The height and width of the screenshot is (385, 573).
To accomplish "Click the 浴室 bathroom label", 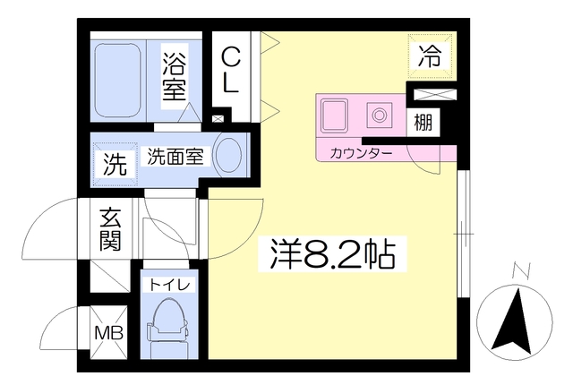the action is [175, 76].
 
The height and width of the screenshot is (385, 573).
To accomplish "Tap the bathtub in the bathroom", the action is [118, 81].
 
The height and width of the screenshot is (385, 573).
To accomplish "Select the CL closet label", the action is [231, 72].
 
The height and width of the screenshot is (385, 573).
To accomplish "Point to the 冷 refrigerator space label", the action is [430, 56].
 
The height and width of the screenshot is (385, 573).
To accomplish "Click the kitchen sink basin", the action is [334, 115].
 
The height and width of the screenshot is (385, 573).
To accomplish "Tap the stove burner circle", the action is [380, 115].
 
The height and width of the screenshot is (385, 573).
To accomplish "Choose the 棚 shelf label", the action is [423, 122].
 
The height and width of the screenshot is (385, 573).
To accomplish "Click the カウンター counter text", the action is [361, 153].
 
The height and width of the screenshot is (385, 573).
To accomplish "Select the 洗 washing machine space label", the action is [115, 165].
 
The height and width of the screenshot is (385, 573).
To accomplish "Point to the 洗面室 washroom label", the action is [175, 157].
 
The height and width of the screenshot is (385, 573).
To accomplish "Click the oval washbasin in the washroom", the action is [229, 155].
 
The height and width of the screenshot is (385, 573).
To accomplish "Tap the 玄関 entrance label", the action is [111, 229].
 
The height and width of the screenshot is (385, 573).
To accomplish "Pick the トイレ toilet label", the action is [169, 285].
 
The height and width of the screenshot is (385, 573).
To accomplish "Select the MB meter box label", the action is [109, 333].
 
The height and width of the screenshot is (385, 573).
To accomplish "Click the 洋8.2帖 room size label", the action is [332, 254].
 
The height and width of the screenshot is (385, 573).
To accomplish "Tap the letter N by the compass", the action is [521, 271].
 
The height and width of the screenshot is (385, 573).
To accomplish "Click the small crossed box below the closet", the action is [218, 119].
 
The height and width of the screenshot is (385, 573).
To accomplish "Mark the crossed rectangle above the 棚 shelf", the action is [435, 95].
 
